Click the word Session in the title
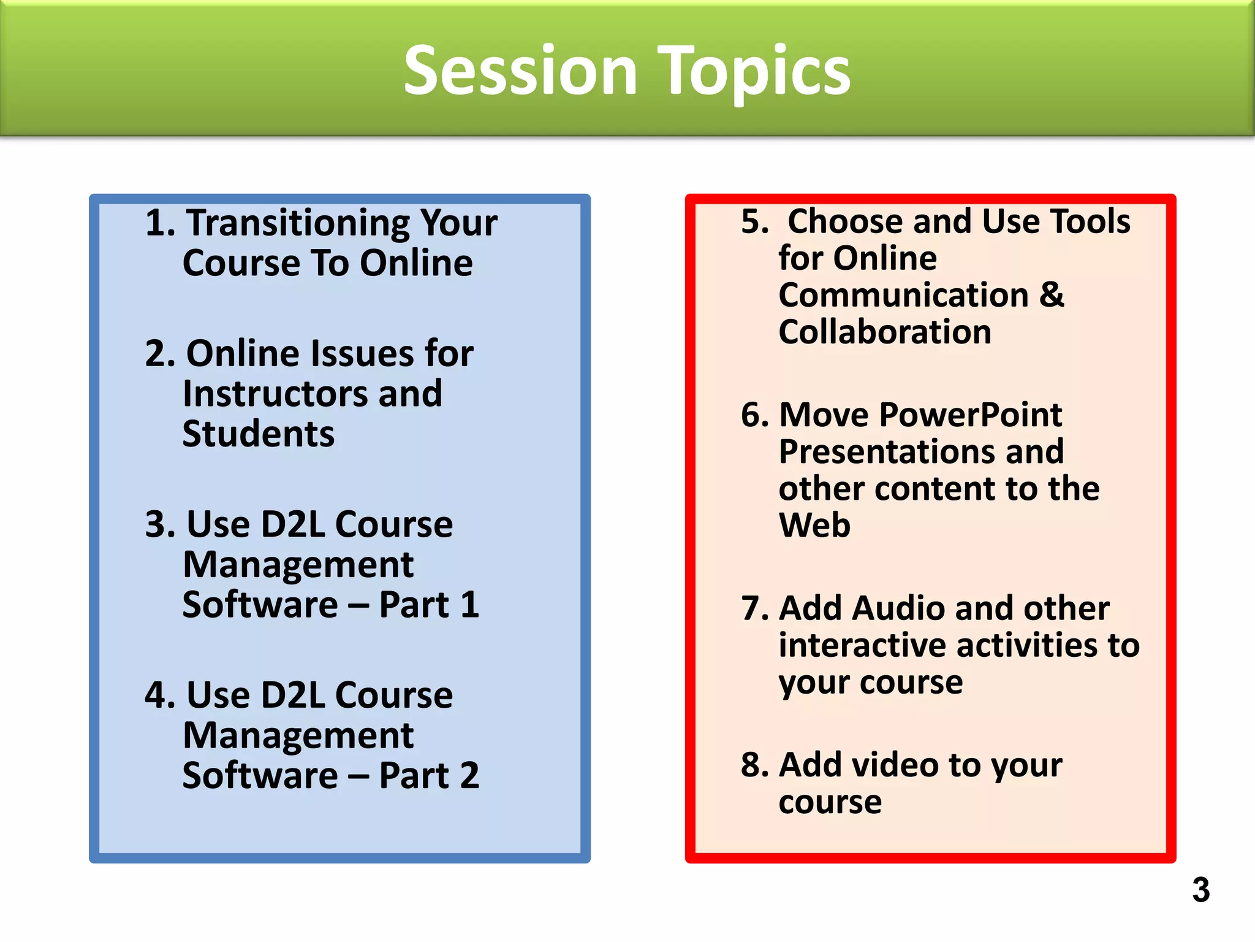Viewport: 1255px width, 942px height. click(520, 71)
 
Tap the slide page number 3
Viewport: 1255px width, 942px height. click(1200, 890)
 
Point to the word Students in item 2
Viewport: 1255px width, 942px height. click(259, 434)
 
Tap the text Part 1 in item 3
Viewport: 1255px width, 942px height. click(429, 605)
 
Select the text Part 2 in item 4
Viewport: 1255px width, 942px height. click(429, 776)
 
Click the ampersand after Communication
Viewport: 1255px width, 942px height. click(1052, 295)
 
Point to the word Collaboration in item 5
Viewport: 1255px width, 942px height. click(885, 332)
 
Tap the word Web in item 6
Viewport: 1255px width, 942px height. click(814, 526)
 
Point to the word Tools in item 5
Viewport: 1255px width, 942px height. click(1090, 221)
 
